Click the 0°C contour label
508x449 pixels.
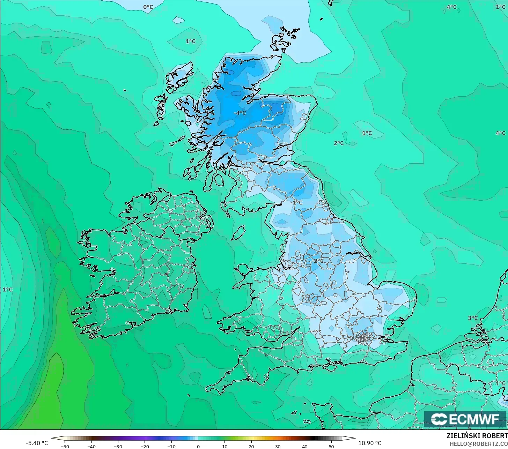[148, 7]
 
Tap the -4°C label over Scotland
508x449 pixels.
[240, 113]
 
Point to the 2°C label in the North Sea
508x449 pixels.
[339, 143]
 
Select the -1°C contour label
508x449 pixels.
[297, 202]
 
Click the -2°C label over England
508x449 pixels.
[318, 261]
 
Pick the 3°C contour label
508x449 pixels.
[473, 318]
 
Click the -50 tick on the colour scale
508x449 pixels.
[65, 446]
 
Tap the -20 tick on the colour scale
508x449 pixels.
[145, 446]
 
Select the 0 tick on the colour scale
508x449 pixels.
[198, 446]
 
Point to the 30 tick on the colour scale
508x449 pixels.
[278, 446]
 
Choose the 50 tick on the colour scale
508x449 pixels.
[331, 446]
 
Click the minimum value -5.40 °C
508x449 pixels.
[37, 443]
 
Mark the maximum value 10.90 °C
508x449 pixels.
[370, 443]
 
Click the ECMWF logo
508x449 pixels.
[465, 419]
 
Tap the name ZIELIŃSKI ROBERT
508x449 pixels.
[477, 436]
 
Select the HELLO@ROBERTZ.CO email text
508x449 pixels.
[478, 443]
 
